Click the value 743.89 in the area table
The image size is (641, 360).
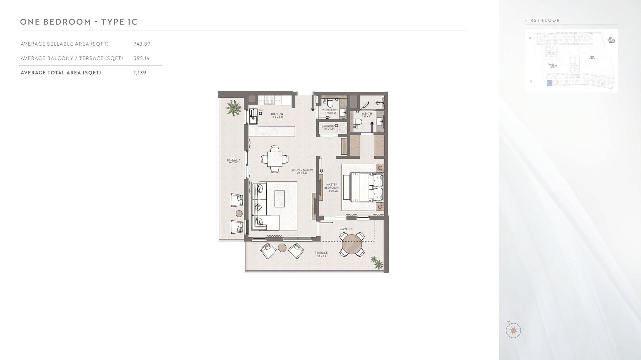pos(142,44)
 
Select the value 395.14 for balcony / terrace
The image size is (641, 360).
pos(142,58)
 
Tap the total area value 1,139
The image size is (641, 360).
pos(140,73)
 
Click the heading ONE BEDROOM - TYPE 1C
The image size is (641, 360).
pos(79,22)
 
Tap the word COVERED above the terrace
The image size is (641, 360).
pos(347,229)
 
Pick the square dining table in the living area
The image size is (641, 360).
pos(274,159)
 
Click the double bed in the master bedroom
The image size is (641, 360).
pos(362,187)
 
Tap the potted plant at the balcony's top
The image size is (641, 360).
pos(234,107)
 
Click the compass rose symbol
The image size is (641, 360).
pos(513,330)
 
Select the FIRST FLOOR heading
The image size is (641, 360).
pos(542,20)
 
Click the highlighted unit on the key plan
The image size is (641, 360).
pos(549,83)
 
